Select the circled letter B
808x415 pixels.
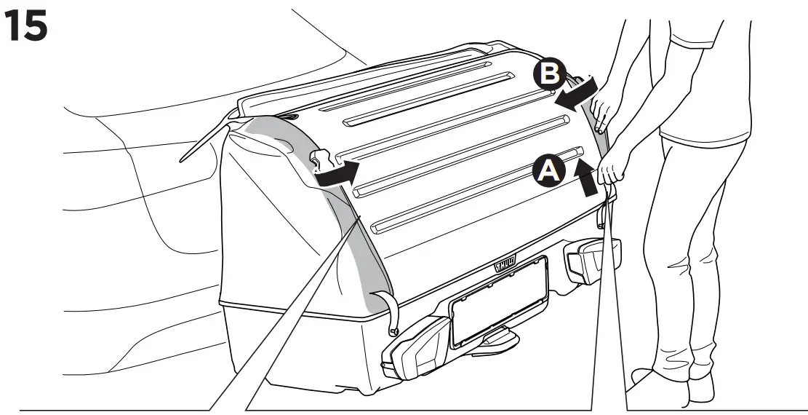548,74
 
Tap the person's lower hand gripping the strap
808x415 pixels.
609,173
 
